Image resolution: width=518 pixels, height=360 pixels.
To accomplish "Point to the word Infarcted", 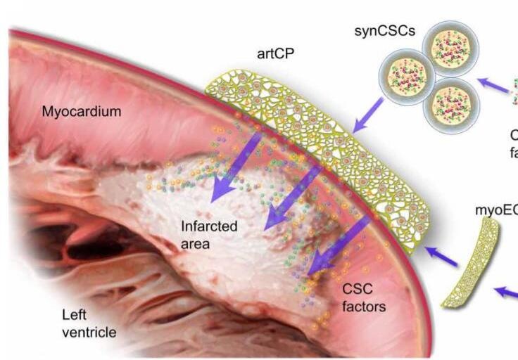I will coord(209,227).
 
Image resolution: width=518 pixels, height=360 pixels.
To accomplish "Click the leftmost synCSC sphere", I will coord(405,77).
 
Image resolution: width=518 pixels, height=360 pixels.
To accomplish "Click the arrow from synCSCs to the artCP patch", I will coord(367,116).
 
